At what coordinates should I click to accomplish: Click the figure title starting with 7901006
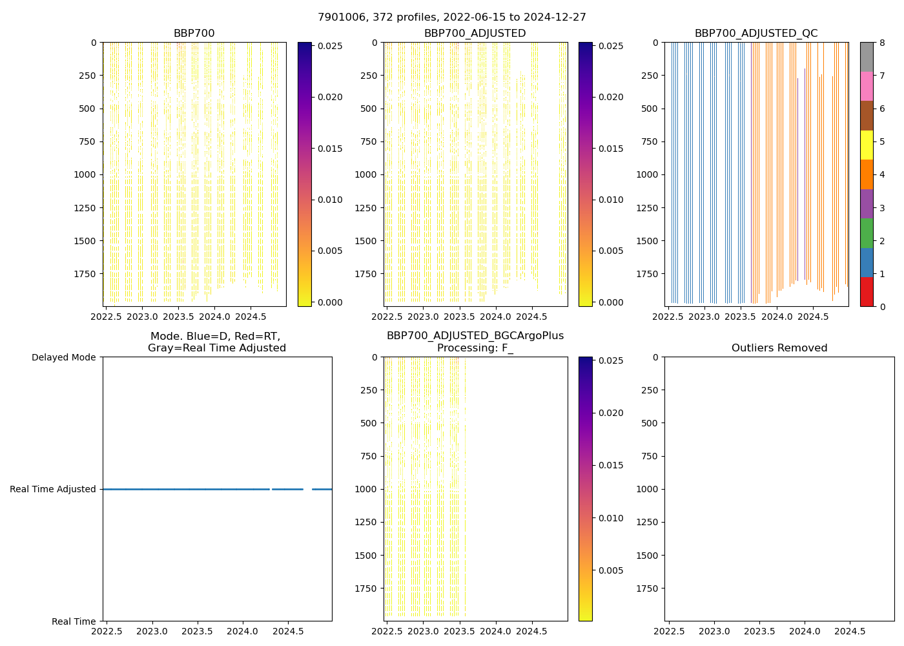tap(451, 17)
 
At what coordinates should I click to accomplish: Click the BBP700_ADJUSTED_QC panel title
tap(755, 34)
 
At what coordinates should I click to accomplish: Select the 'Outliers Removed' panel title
tap(779, 348)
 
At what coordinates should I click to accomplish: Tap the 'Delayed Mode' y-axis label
tap(63, 357)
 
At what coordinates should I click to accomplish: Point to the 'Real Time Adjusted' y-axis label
tap(53, 490)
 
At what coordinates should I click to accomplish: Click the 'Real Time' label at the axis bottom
tap(74, 621)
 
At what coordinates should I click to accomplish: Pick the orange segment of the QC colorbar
tap(866, 174)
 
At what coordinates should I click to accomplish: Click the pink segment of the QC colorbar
tap(866, 86)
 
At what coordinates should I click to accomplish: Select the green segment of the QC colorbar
tap(866, 233)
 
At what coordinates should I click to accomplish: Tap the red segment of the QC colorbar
tap(866, 292)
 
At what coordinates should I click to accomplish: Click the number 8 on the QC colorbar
tap(881, 43)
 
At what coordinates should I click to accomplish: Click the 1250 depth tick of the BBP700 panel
tap(85, 208)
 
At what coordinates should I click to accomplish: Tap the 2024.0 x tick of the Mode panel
tap(243, 631)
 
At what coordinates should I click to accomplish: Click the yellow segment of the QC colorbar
tap(866, 145)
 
